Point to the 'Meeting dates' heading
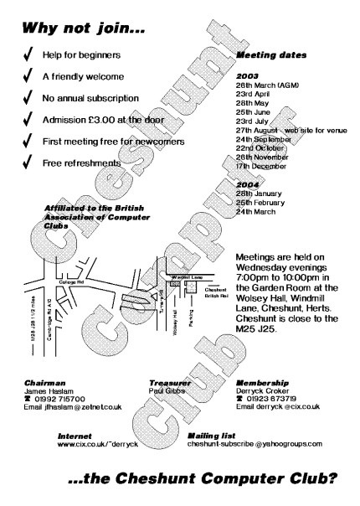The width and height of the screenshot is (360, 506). pos(270,55)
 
